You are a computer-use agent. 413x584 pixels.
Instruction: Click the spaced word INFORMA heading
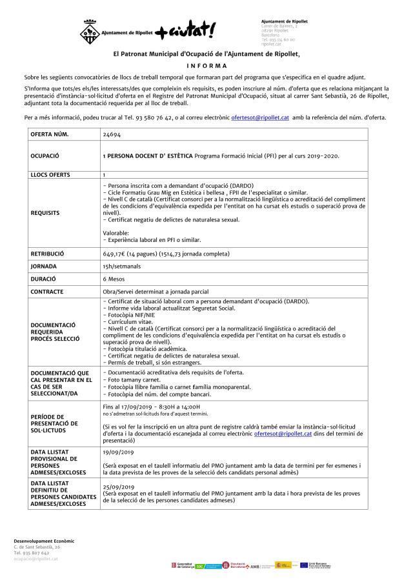206,66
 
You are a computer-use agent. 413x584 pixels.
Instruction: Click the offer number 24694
112,135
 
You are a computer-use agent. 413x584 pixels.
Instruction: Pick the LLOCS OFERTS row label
52,175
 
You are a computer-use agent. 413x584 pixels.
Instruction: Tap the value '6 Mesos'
114,279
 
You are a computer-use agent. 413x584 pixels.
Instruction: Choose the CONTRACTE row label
47,292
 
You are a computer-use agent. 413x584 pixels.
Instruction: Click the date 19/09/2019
118,453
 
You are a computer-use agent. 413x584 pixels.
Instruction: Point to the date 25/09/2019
118,487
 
